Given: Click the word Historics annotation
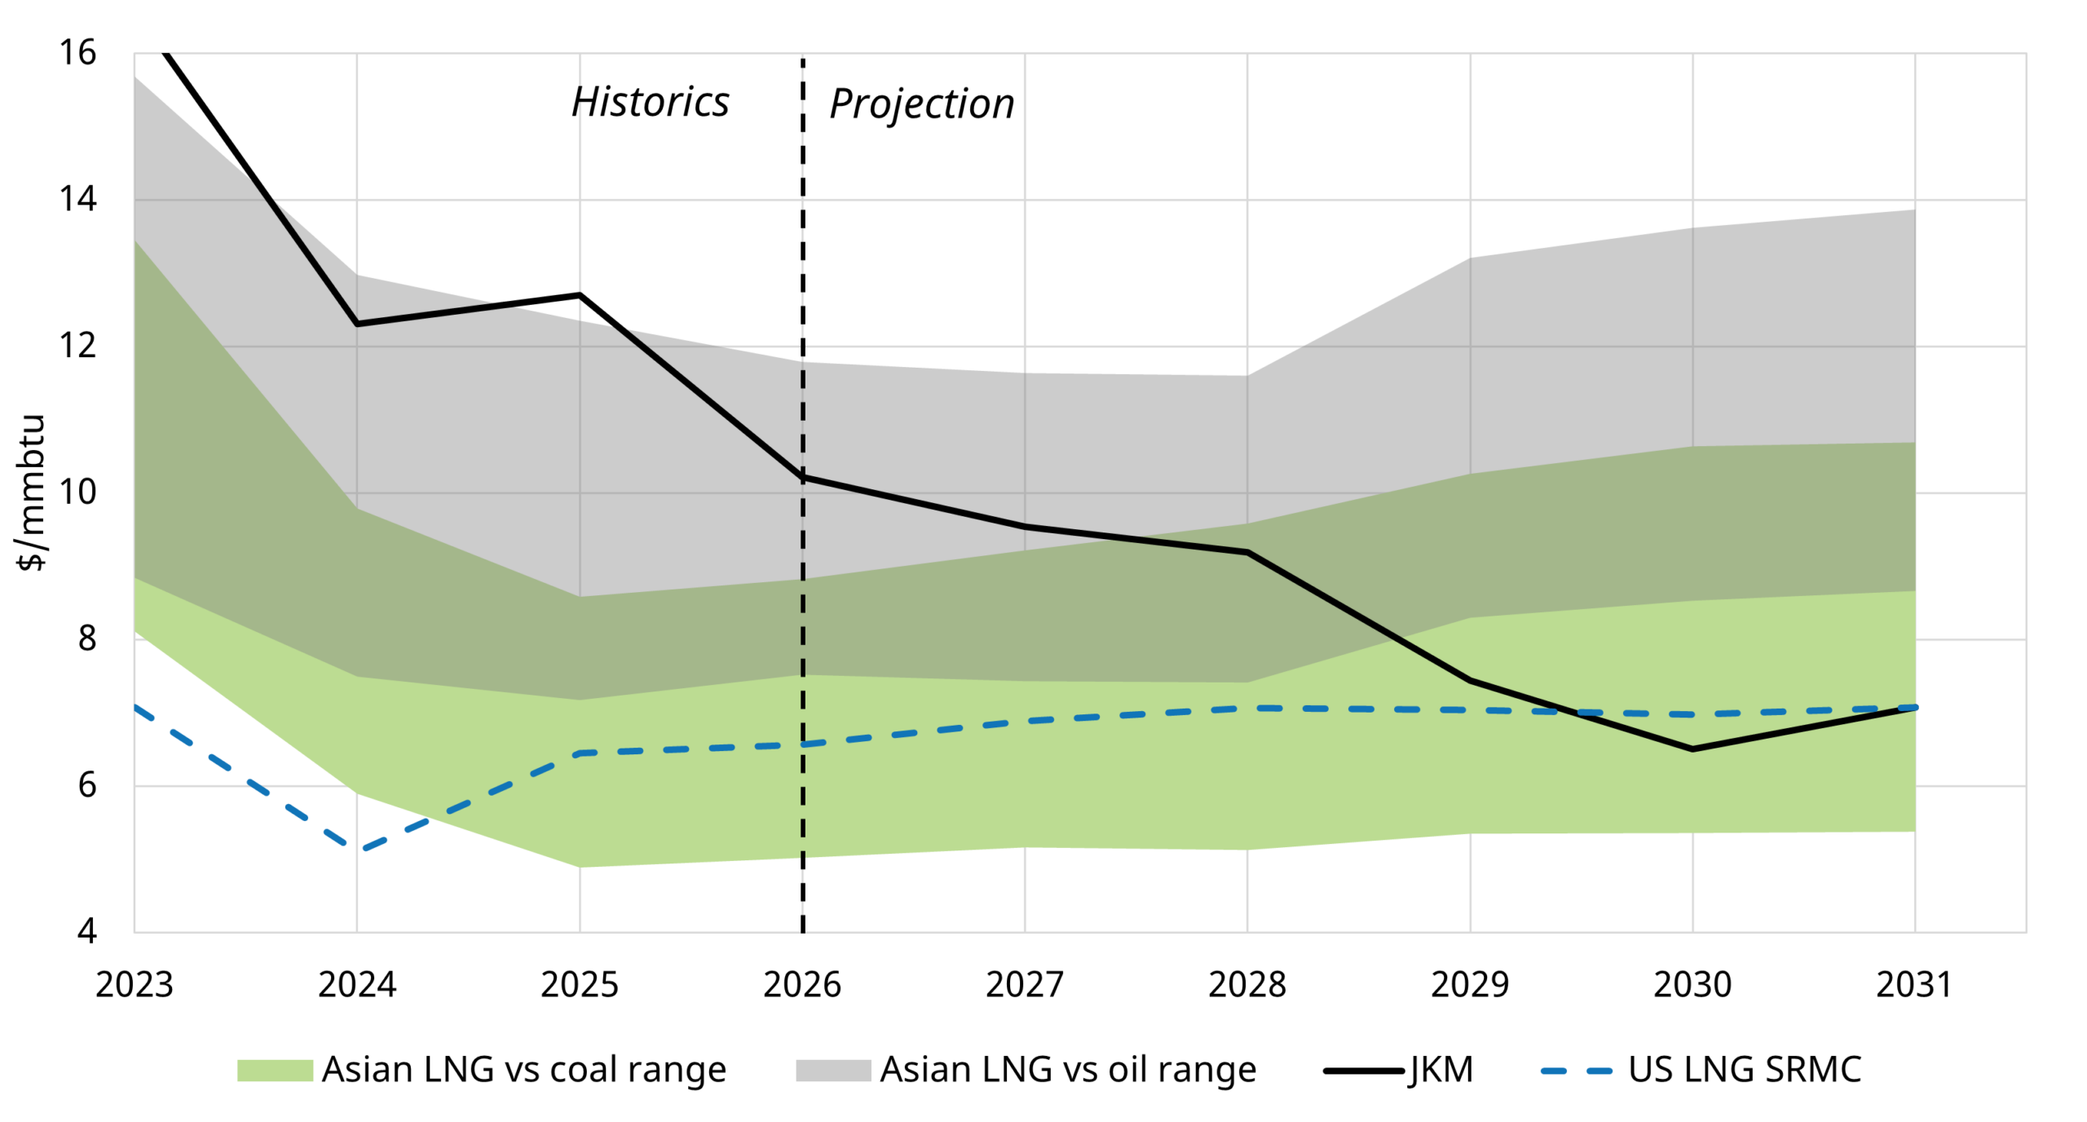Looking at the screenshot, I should [x=650, y=103].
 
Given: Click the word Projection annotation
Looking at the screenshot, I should [x=921, y=104].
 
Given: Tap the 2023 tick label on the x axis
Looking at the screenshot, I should [x=135, y=984].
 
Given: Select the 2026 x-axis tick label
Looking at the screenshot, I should [x=801, y=984].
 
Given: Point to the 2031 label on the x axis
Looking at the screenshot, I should [x=1913, y=984].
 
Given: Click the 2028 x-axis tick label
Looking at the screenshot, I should [x=1246, y=984].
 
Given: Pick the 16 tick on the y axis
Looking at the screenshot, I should [x=77, y=53].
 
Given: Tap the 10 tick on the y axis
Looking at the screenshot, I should [x=77, y=493].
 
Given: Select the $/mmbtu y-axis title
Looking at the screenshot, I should [x=31, y=493].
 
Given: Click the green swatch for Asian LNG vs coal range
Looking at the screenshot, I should [x=275, y=1070].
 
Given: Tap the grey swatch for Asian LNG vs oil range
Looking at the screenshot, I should [x=832, y=1070].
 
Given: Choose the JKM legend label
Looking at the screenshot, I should [x=1441, y=1070].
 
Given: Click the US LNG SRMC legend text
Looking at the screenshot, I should [x=1745, y=1070].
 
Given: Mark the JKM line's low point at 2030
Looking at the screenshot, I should [x=1692, y=749].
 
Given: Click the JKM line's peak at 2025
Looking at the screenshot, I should [x=580, y=295].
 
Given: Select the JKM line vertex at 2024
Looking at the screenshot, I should [x=357, y=325].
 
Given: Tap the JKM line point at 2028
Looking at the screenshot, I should [x=1246, y=553].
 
